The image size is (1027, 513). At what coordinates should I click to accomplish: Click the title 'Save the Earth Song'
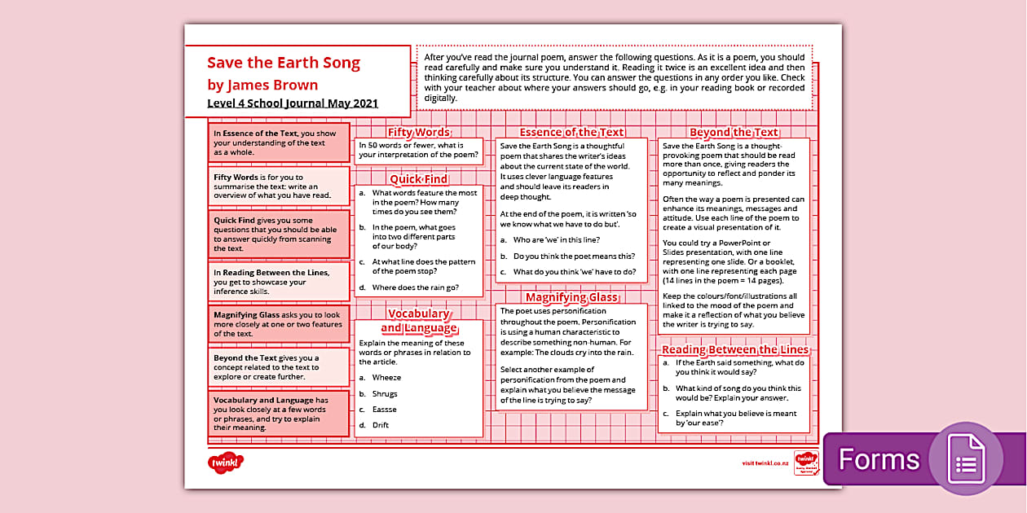click(283, 63)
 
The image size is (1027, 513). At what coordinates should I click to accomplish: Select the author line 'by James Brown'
click(262, 85)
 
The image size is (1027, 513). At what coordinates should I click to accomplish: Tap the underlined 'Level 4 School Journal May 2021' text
click(292, 103)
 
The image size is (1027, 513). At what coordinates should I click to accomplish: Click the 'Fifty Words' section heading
click(418, 132)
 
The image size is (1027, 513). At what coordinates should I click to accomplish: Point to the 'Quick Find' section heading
click(418, 178)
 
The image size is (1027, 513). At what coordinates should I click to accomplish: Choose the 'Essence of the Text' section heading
click(571, 132)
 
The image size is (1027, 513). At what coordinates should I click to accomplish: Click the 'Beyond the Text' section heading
click(734, 132)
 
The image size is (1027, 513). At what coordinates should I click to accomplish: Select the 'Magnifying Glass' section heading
click(571, 297)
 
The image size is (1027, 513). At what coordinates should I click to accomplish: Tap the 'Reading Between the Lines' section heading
click(734, 349)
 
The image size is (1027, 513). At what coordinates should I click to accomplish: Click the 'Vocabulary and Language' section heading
click(418, 321)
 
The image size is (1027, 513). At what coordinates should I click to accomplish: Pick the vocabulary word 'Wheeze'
click(386, 378)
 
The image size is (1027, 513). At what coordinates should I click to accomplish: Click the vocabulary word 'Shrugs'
click(385, 394)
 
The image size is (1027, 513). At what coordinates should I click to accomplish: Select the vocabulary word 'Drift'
click(381, 425)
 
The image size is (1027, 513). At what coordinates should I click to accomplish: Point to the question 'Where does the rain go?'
click(415, 287)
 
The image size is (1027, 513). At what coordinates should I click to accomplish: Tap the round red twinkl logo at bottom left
click(225, 463)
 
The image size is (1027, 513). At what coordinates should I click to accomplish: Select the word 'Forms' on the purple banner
click(879, 460)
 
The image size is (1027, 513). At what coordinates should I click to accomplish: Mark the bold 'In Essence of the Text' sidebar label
click(255, 134)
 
